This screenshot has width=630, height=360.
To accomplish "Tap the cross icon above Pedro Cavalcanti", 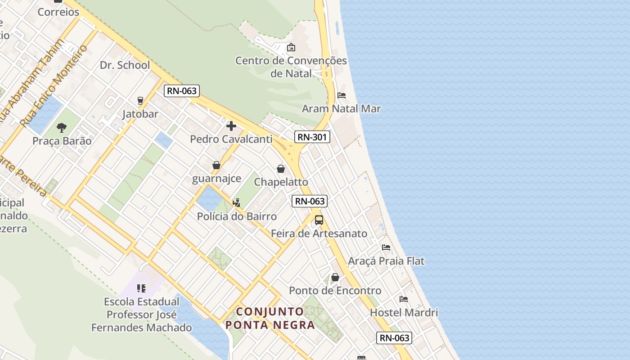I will pyautogui.click(x=231, y=126).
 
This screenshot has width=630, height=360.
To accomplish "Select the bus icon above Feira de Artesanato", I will pyautogui.click(x=319, y=220).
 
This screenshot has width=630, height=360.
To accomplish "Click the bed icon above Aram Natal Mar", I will pyautogui.click(x=342, y=95).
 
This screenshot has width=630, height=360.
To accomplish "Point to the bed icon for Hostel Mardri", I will pyautogui.click(x=404, y=299).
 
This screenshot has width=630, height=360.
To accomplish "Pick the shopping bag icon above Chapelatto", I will pyautogui.click(x=281, y=169).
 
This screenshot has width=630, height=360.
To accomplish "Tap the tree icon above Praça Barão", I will pyautogui.click(x=62, y=128).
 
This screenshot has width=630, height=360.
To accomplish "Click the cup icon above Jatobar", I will pyautogui.click(x=140, y=101).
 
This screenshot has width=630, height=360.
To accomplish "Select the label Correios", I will pyautogui.click(x=58, y=12).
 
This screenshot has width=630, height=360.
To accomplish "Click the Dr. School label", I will pyautogui.click(x=125, y=65).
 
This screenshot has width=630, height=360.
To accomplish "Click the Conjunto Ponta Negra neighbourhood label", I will pyautogui.click(x=270, y=318).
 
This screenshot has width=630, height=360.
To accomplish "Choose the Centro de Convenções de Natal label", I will pyautogui.click(x=291, y=67).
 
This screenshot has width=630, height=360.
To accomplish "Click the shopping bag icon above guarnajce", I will pyautogui.click(x=216, y=165).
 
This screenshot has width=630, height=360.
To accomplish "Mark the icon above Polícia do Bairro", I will pyautogui.click(x=237, y=203).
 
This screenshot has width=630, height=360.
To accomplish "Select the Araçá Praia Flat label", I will pyautogui.click(x=386, y=261).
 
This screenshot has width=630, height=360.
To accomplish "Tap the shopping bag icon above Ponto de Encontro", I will pyautogui.click(x=335, y=277).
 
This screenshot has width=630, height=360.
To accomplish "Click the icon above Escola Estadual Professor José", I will pyautogui.click(x=141, y=288).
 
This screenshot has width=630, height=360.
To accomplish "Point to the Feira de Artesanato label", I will pyautogui.click(x=319, y=234).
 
